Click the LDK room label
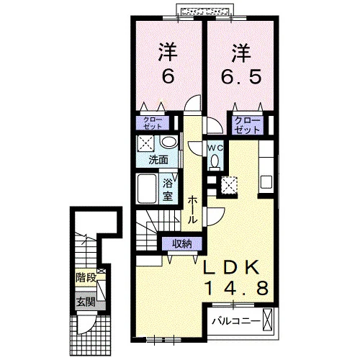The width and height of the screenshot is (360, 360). point(232,267)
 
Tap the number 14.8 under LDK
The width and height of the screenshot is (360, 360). point(236,288)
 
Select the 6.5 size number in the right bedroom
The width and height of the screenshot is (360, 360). point(240,77)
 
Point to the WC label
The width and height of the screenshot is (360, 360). point(215,148)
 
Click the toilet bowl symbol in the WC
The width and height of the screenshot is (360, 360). point(215,161)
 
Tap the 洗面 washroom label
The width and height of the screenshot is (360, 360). point(158,160)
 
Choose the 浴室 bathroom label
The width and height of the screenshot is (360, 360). point(168,190)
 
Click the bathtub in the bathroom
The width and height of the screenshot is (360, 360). point(147,189)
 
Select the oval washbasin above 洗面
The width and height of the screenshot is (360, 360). point(169,142)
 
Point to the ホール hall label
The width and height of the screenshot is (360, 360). point(192,210)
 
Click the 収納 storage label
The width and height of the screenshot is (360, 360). point(182,244)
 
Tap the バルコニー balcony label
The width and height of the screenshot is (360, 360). point(236,321)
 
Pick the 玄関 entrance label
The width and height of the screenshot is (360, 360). point(86,302)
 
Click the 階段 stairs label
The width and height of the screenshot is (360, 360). point(86,278)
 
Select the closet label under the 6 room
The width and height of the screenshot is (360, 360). point(153,123)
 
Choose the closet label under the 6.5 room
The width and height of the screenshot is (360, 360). point(247,125)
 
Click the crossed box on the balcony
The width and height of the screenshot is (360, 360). point(268,320)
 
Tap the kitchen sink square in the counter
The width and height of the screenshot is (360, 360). point(266,182)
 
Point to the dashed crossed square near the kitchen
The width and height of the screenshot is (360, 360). point(229,185)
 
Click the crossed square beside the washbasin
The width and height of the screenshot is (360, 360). point(145,143)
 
